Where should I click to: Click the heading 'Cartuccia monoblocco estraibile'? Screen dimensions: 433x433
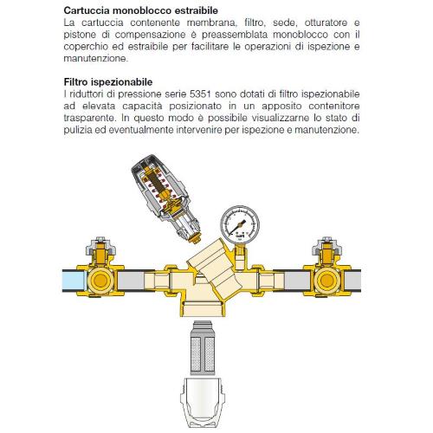(x=141, y=10)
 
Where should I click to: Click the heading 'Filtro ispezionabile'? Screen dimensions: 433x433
(x=108, y=82)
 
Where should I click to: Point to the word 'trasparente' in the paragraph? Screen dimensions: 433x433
(x=89, y=118)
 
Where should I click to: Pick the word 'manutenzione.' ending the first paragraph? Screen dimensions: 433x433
(x=95, y=58)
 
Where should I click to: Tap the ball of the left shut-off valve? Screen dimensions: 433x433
(x=100, y=280)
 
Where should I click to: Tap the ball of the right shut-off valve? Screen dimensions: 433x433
(x=326, y=280)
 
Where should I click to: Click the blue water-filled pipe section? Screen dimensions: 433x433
(x=74, y=280)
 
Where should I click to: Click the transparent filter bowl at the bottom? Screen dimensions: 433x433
(x=203, y=403)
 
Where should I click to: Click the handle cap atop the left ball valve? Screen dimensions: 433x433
(x=100, y=246)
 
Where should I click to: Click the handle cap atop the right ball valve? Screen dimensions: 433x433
(x=326, y=246)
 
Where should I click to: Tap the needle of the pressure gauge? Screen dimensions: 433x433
(x=240, y=226)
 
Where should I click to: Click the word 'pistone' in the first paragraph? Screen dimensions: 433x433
(x=80, y=35)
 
